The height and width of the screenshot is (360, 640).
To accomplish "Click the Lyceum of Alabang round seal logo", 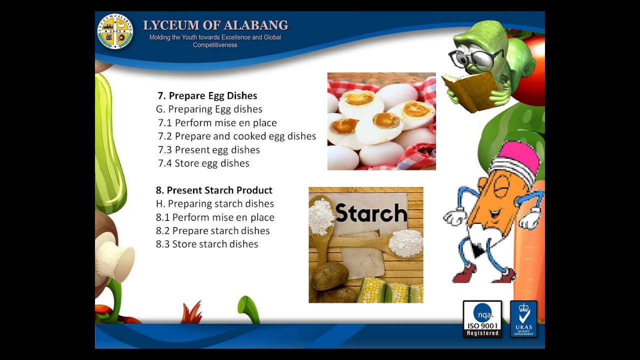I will [115, 31].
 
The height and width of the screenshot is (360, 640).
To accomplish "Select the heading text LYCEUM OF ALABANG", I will [215, 25].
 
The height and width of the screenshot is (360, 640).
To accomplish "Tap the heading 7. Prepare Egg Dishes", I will [207, 95].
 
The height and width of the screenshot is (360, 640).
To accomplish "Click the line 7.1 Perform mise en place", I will [217, 122].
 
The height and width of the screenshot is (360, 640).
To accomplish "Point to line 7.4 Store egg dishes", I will [203, 163].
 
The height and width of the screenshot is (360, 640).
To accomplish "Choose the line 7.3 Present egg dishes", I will [209, 149].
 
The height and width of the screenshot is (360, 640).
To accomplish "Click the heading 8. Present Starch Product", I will [214, 190].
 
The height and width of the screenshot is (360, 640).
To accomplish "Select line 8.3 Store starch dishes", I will [207, 244].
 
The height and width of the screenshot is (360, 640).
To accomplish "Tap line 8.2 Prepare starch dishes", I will [213, 230].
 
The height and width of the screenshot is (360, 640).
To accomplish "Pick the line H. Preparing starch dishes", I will [215, 203].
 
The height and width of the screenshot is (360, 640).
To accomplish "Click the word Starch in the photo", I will [371, 213].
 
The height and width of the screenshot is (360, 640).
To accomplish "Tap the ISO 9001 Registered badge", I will [482, 319].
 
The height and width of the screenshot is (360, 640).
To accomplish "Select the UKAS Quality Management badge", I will [523, 319].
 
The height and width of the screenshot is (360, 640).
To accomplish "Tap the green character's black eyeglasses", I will [475, 59].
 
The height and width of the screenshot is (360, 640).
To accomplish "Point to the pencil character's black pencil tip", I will [477, 250].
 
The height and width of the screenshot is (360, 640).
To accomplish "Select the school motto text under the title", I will [215, 41].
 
